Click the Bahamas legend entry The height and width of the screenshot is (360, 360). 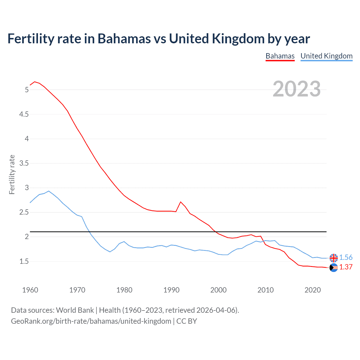pos(280,56)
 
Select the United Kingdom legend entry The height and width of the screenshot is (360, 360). pos(326,56)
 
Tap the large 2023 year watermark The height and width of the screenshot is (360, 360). pos(296,89)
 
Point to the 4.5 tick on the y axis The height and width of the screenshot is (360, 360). pos(24,114)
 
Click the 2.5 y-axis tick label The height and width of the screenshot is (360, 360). pos(24,212)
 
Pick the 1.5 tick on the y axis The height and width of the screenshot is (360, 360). pos(24,261)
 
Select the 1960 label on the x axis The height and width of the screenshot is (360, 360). pos(30,290)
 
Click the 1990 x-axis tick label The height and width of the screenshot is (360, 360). pos(171,290)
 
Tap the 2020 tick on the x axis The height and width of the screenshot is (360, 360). pos(312,290)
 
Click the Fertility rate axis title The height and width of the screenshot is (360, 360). pos(12,174)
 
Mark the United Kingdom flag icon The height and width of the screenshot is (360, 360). pos(334,258)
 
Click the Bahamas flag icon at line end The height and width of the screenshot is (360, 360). pos(334,268)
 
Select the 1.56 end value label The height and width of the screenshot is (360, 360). pos(346,257)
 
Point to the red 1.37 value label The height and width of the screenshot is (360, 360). pos(346,267)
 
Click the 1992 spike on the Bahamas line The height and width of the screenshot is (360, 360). pos(181,202)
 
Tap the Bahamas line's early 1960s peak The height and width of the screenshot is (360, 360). pos(35,82)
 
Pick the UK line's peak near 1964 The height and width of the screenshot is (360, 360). pos(49,191)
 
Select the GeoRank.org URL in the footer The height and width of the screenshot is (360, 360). pos(91,321)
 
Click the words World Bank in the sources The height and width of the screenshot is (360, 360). pos(75,310)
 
